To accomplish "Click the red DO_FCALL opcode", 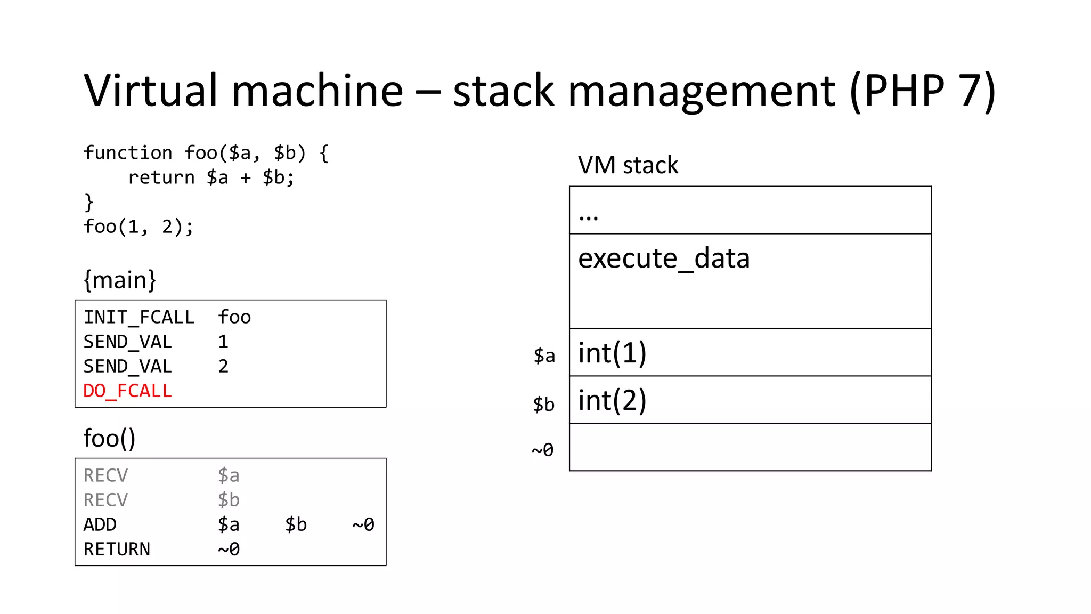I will [127, 391].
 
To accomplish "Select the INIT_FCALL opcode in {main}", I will [139, 317].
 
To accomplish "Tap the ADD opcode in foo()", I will [100, 524].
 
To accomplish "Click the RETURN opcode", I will [117, 549].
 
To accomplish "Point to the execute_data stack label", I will [664, 258].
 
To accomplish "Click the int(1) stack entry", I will [612, 353].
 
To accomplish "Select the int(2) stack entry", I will [612, 400].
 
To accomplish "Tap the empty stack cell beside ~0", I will [750, 448].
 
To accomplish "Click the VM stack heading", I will [628, 165].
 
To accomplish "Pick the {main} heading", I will [120, 280].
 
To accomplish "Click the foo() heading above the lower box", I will [109, 438].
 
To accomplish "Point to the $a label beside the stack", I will [544, 356].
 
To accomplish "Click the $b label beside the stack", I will [543, 405].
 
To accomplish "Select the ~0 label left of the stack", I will [542, 450].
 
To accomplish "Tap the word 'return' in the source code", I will [161, 177].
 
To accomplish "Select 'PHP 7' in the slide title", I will [922, 91].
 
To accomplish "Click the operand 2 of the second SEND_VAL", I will [223, 366].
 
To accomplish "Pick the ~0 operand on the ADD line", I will [363, 524].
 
